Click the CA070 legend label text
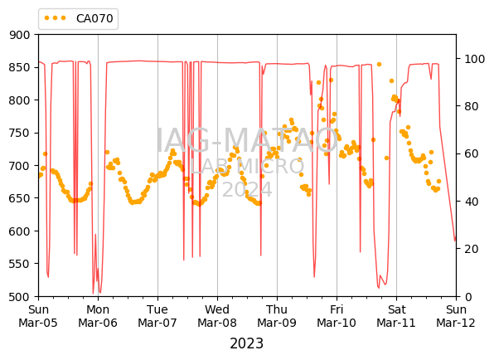94,18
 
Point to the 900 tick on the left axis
19,35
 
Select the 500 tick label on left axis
19,297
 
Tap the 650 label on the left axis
19,198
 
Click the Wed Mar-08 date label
217,316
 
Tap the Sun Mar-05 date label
38,316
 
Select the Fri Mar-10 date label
337,316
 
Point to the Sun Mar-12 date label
456,316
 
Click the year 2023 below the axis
247,343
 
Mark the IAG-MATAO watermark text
247,141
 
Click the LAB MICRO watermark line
247,166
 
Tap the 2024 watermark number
247,189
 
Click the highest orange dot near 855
379,65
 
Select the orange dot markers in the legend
55,18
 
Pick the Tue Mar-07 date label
157,316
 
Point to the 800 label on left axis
19,100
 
